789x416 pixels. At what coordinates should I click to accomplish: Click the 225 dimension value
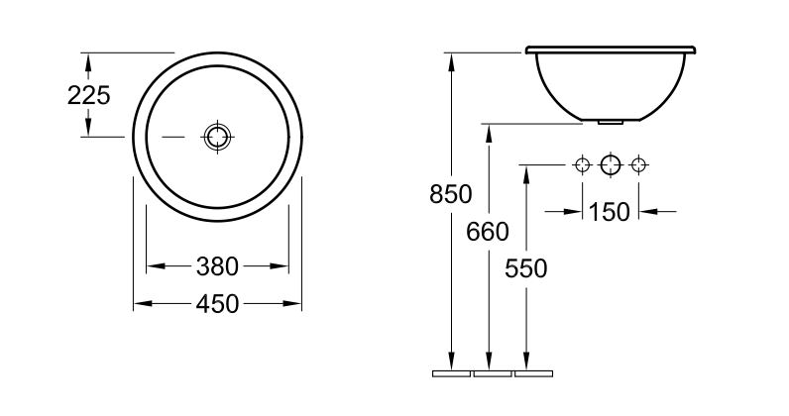point(88,95)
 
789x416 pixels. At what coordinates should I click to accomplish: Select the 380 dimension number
point(217,266)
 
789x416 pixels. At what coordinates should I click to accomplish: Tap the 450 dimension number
point(217,304)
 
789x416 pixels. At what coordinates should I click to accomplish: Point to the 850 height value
point(451,194)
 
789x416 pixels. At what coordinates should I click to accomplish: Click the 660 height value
point(488,232)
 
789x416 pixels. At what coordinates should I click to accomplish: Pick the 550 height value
point(525,268)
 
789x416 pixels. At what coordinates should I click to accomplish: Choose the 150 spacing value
point(609,212)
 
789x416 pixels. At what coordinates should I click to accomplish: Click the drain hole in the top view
point(217,137)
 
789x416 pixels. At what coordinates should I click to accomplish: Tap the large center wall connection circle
point(611,164)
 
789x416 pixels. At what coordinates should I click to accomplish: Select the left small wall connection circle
point(582,164)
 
